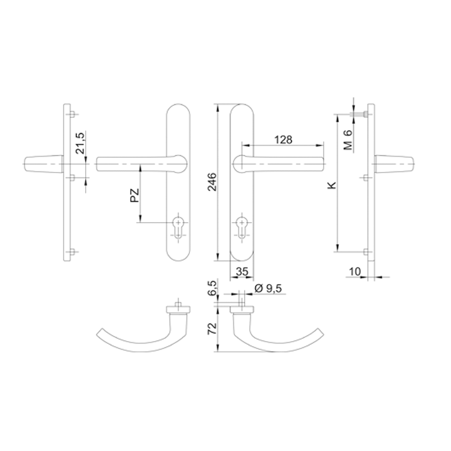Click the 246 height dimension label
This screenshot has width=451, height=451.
[212, 182]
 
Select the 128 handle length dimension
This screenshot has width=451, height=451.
[283, 140]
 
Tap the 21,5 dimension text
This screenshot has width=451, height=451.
[80, 143]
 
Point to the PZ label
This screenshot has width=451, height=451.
[135, 196]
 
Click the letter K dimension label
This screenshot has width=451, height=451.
[332, 185]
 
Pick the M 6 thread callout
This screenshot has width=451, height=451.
[348, 140]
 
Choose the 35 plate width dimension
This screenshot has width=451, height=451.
[242, 271]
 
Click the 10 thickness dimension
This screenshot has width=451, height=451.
[355, 271]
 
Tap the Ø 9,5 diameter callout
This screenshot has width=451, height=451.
[268, 288]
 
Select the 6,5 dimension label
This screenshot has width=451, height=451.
[212, 288]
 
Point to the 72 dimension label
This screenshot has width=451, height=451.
[212, 329]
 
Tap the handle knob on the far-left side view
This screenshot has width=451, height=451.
[44, 164]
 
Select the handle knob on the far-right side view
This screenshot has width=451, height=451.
[394, 164]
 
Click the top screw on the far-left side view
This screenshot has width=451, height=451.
[73, 114]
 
